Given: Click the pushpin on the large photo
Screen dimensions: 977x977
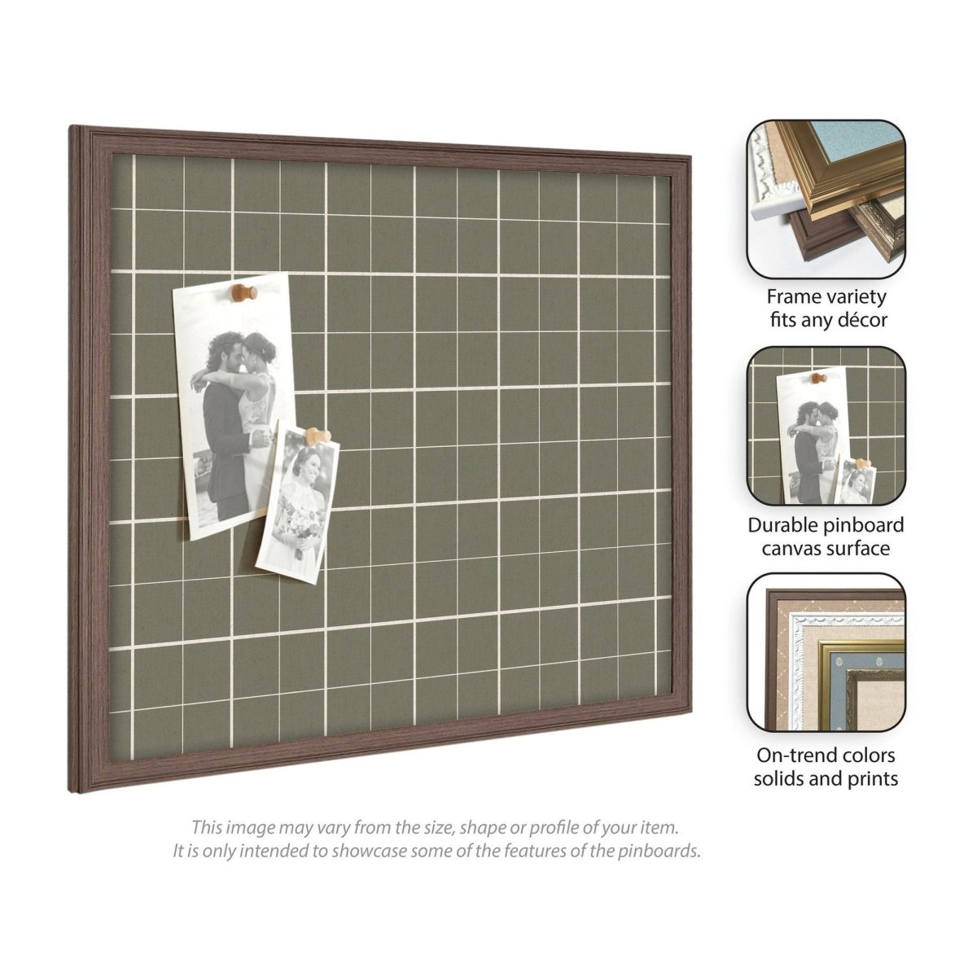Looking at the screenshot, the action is (x=245, y=293).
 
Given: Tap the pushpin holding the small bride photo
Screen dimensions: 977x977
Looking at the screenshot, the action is (x=318, y=436).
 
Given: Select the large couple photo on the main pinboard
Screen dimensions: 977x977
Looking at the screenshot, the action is (x=234, y=405).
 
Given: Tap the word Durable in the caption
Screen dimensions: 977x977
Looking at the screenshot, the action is (x=782, y=525).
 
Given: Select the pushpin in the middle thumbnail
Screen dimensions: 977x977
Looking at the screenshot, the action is (x=820, y=379).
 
